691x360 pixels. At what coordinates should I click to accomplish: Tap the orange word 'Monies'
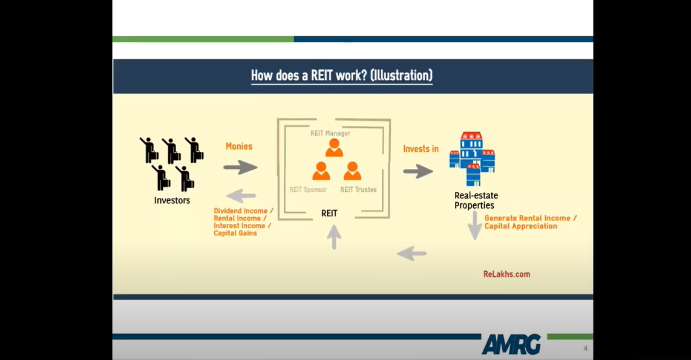point(239,146)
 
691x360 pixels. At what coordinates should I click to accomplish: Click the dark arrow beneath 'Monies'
point(240,168)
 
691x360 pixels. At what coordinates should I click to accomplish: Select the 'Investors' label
point(172,200)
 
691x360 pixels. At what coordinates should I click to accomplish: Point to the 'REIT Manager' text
point(330,133)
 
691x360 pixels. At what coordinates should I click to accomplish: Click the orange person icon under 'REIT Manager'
point(334,148)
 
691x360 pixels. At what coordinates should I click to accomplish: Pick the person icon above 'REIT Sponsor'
point(321,171)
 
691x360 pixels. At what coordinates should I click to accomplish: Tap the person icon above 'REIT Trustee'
point(352,171)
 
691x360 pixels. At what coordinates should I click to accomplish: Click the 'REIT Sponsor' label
point(308,189)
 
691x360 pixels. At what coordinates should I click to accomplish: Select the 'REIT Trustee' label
point(358,189)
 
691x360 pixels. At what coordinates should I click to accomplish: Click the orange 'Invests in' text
point(421,149)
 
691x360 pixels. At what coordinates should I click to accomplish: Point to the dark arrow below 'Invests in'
point(418,171)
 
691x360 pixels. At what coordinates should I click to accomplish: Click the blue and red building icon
point(472,159)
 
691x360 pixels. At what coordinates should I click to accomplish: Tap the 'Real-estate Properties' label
point(476,200)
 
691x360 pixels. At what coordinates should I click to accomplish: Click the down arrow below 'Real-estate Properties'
point(474,226)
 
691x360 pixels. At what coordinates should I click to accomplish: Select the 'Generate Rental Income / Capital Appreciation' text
point(531,222)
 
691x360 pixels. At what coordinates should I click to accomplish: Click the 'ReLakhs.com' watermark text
point(507,274)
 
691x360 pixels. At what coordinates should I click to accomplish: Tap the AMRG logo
point(511,344)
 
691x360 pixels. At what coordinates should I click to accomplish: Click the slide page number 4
point(585,349)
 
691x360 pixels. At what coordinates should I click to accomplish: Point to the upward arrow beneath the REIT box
point(334,237)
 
